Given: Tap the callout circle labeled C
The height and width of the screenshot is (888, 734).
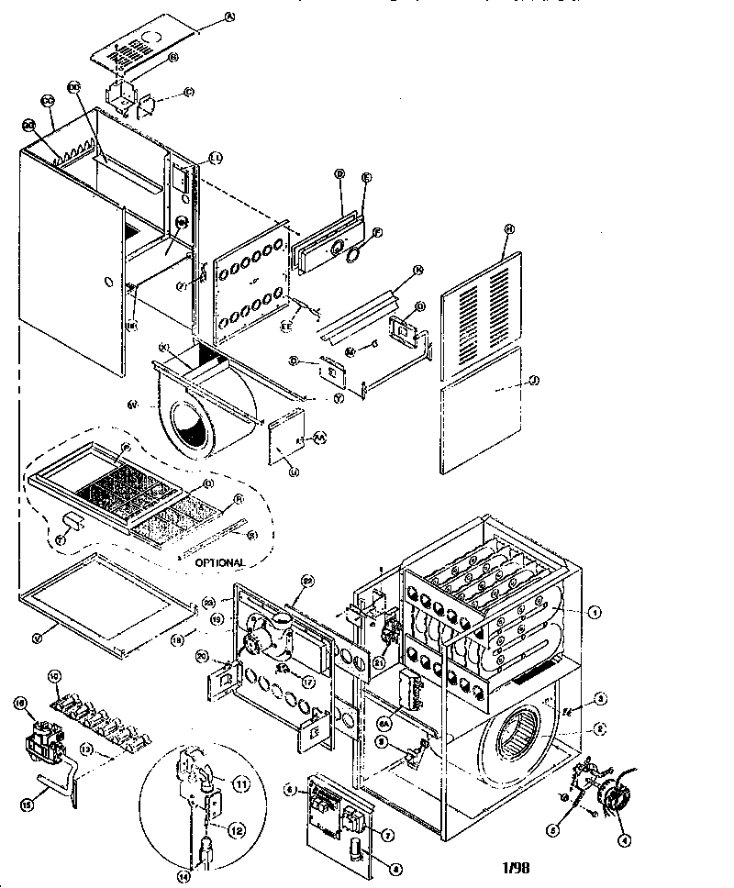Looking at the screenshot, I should click(188, 92).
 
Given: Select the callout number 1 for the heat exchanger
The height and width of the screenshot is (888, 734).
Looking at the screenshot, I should click(595, 612).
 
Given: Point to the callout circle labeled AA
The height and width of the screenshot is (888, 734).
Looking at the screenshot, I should click(320, 438).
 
